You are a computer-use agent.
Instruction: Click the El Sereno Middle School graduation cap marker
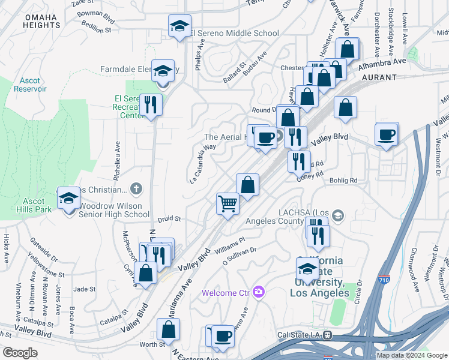[x=179, y=26]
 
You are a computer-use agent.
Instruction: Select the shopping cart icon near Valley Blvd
[x=228, y=203]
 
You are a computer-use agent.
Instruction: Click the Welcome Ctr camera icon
[x=259, y=292]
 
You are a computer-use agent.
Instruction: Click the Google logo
[x=20, y=352]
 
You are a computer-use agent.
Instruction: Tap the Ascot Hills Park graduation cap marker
[x=69, y=199]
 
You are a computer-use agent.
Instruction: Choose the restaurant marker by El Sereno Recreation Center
[x=151, y=105]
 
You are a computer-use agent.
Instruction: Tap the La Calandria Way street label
[x=202, y=163]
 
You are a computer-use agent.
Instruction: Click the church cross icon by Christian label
[x=136, y=189]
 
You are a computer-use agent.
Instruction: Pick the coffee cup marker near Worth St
[x=223, y=337]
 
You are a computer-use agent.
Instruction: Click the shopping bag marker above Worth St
[x=169, y=329]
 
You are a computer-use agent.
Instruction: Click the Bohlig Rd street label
[x=343, y=180]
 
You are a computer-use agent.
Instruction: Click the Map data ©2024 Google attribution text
[x=411, y=355]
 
